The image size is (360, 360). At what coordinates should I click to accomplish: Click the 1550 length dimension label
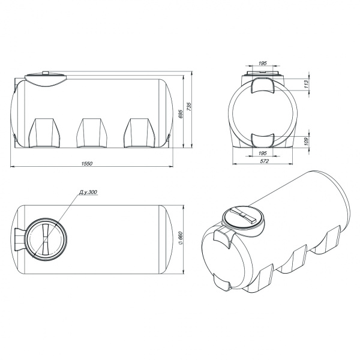pyautogui.click(x=87, y=163)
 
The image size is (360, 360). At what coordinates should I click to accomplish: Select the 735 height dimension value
pyautogui.click(x=189, y=107)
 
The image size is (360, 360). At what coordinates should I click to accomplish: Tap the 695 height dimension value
pyautogui.click(x=181, y=114)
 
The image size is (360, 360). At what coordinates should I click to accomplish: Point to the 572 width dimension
pyautogui.click(x=264, y=161)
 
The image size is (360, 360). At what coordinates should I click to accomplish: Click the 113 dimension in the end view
pyautogui.click(x=306, y=84)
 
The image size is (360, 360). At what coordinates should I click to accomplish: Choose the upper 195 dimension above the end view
pyautogui.click(x=263, y=63)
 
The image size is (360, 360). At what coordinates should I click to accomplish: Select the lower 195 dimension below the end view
pyautogui.click(x=263, y=153)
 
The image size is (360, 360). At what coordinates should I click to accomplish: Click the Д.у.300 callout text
pyautogui.click(x=88, y=192)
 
